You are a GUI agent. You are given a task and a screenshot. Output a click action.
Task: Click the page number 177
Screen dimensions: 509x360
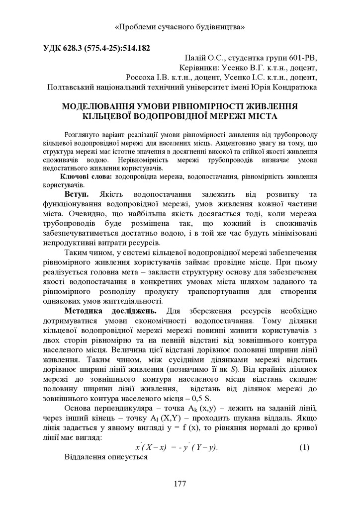click(180, 484)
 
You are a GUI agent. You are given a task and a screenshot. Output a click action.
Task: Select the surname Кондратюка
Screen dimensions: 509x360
click(294, 87)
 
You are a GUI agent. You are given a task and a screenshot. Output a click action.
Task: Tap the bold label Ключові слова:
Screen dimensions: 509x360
click(87, 176)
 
